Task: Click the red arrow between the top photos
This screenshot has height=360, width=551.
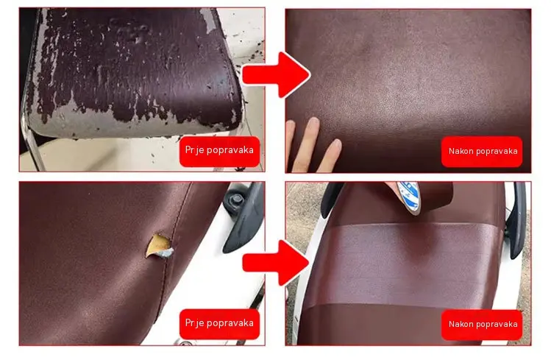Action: (x=277, y=74)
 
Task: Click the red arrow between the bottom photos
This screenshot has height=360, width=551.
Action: (x=277, y=262)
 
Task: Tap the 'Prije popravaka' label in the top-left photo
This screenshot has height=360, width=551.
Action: (x=220, y=151)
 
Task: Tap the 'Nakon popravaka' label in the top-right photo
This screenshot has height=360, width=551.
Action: (x=482, y=152)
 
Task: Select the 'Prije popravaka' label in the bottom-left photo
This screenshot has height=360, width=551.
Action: (x=220, y=324)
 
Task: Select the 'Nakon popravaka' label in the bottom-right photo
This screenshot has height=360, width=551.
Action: (x=482, y=325)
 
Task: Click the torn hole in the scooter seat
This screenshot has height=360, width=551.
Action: (x=160, y=247)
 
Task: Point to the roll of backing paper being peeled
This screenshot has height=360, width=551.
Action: (x=409, y=196)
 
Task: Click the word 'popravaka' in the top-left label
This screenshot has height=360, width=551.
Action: (x=230, y=151)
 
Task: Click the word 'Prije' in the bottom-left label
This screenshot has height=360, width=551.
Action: (x=195, y=323)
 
